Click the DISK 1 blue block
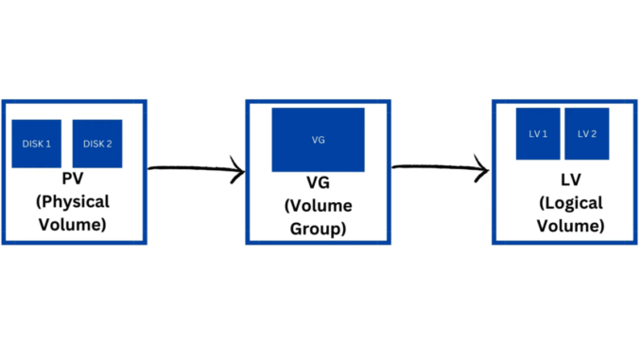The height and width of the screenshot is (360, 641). (x=36, y=144)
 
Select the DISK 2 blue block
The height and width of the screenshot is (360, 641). (x=97, y=144)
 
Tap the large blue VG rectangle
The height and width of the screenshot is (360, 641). (x=318, y=140)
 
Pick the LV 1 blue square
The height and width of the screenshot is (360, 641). (x=538, y=134)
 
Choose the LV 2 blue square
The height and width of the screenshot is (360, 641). (x=587, y=134)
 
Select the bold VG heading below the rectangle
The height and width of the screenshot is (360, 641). (x=318, y=183)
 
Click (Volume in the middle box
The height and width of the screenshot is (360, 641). (x=318, y=206)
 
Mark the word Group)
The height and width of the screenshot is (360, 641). (x=318, y=230)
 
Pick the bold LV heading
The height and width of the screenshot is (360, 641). (x=563, y=180)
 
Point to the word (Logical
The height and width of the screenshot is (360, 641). (x=563, y=203)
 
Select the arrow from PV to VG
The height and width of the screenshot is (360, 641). (x=196, y=171)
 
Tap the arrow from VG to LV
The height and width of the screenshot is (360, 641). (x=440, y=170)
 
